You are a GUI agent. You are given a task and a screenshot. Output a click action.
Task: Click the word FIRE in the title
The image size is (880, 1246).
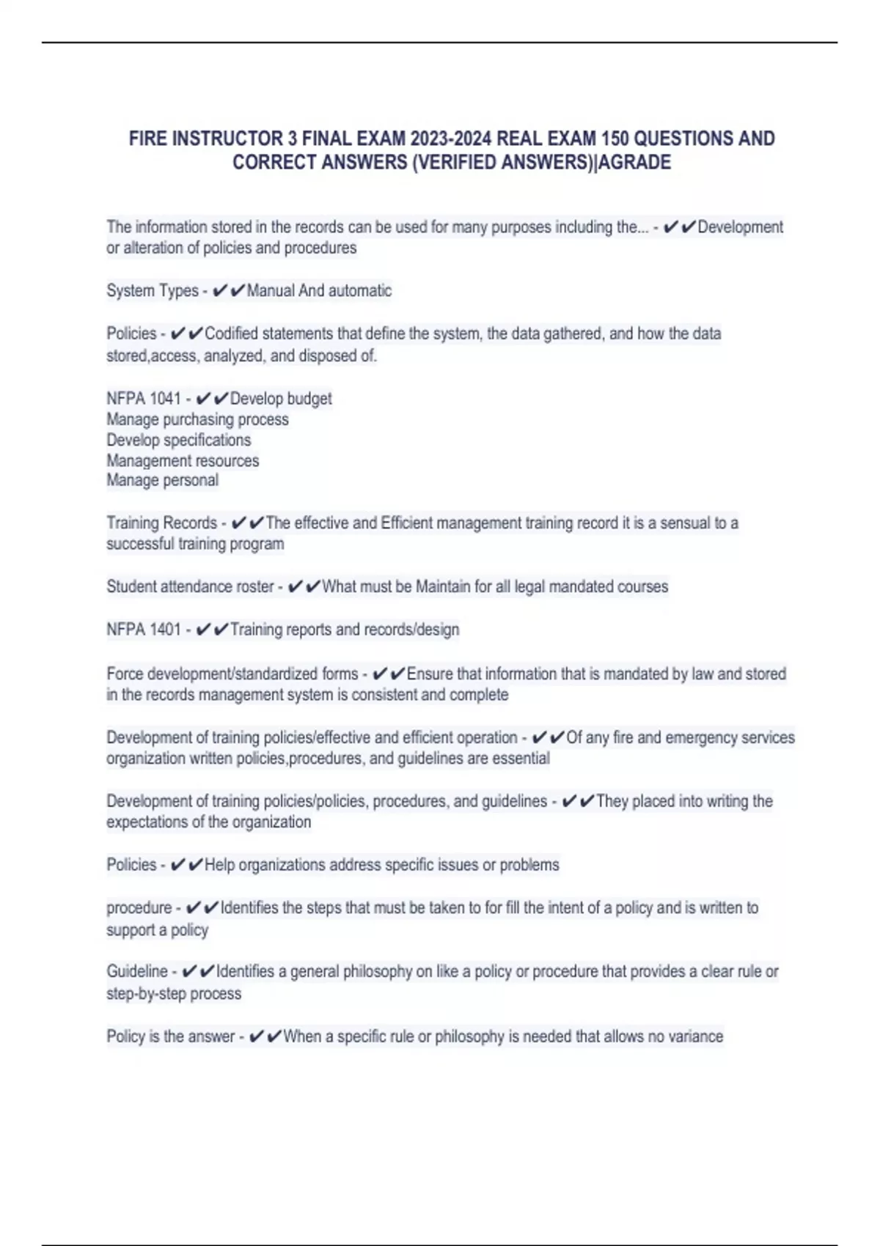pyautogui.click(x=148, y=139)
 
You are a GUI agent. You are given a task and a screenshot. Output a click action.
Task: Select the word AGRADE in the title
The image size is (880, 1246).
pyautogui.click(x=635, y=162)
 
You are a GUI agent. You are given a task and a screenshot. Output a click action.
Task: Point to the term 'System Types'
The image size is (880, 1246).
pyautogui.click(x=152, y=291)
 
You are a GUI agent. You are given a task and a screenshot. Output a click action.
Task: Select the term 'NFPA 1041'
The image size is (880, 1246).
pyautogui.click(x=143, y=399)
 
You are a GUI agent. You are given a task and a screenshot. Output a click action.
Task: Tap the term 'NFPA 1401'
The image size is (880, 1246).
pyautogui.click(x=143, y=630)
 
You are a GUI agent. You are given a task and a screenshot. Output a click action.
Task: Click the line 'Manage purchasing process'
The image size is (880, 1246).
pyautogui.click(x=197, y=419)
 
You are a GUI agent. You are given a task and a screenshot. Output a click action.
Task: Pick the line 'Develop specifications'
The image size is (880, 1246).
pyautogui.click(x=178, y=440)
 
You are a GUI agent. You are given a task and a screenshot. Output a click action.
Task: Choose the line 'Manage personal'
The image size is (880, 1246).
pyautogui.click(x=162, y=480)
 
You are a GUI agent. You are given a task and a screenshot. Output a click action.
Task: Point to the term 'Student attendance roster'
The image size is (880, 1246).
pyautogui.click(x=190, y=587)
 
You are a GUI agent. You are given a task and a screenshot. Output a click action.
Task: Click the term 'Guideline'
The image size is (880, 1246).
pyautogui.click(x=137, y=972)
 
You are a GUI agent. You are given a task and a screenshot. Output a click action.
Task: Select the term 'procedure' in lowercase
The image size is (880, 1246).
pyautogui.click(x=139, y=908)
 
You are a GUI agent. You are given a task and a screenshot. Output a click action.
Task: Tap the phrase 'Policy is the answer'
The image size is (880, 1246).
pyautogui.click(x=170, y=1036)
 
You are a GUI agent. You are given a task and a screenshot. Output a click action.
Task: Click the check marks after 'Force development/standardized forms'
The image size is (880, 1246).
pyautogui.click(x=389, y=674)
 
